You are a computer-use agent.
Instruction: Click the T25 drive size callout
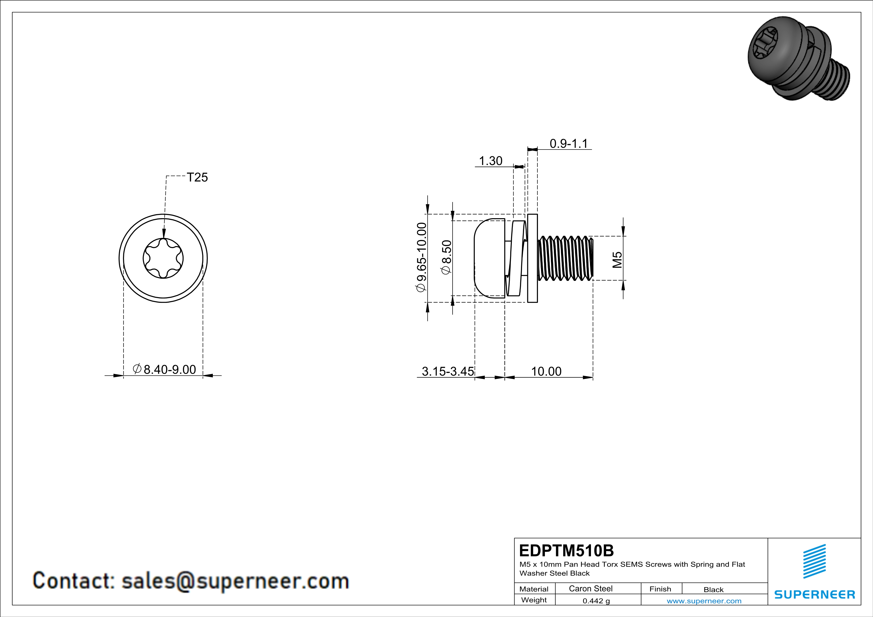(197, 177)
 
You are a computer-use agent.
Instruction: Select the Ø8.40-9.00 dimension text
(164, 369)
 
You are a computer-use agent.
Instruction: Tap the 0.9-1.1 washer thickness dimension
(569, 144)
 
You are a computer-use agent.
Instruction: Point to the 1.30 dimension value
(490, 161)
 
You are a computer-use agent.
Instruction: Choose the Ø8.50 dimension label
(446, 257)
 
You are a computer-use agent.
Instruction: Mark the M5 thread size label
(617, 260)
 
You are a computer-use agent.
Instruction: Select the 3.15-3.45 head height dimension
(448, 371)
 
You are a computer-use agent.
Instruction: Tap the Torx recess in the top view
(163, 258)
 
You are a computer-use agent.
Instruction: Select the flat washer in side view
(532, 258)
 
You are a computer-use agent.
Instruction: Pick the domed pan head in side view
(490, 258)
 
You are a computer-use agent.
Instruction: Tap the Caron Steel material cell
(590, 588)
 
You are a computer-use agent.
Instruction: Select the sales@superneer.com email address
(235, 581)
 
